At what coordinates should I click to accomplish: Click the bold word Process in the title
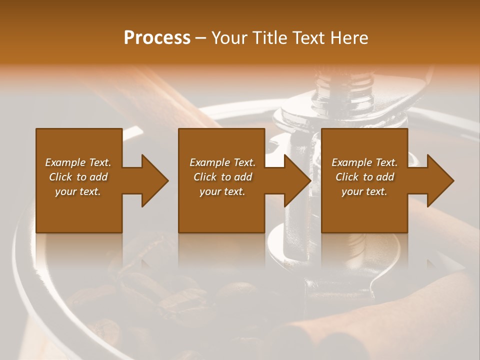(x=157, y=38)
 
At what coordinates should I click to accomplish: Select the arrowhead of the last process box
(x=438, y=180)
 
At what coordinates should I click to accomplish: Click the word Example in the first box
(x=65, y=162)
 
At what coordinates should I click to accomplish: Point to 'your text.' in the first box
(x=78, y=191)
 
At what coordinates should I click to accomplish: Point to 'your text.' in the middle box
(x=222, y=191)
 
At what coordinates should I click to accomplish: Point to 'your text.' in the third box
(x=364, y=191)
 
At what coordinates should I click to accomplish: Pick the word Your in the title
(x=229, y=38)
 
